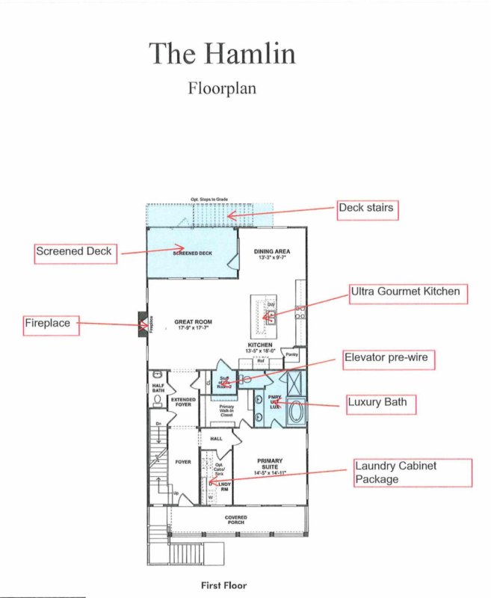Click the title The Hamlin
pos(222,53)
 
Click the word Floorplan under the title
pos(222,87)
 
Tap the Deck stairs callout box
pos(367,209)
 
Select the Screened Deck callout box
pos(74,252)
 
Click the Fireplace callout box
pos(50,324)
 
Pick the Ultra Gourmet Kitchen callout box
pos(409,293)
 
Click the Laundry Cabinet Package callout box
pos(413,472)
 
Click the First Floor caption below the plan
pos(223,585)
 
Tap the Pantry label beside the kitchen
pos(292,354)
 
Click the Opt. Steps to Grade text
pos(209,199)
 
